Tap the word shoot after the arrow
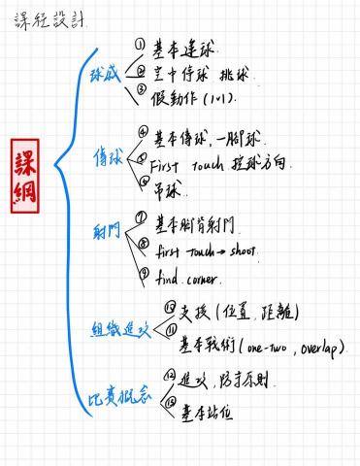coord(241,251)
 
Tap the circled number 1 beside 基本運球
coord(140,44)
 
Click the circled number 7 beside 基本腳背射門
coord(141,220)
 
